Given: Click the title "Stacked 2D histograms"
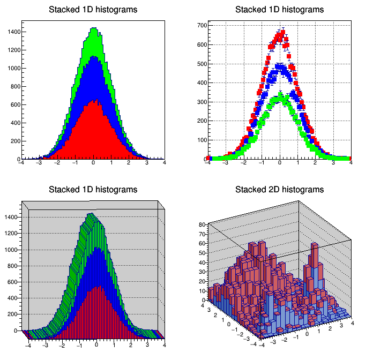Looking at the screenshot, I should click(x=279, y=190).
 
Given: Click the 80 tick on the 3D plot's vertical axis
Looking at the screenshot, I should click(x=203, y=224).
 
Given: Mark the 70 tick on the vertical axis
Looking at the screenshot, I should click(x=203, y=234).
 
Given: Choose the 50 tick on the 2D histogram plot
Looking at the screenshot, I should click(x=203, y=253).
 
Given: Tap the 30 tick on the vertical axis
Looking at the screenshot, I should click(x=203, y=272).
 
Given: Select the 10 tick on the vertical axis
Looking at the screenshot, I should click(x=203, y=290).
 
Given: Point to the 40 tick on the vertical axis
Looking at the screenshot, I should click(x=203, y=262).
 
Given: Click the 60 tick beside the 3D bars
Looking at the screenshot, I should click(x=203, y=243).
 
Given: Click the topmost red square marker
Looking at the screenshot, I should click(x=282, y=31).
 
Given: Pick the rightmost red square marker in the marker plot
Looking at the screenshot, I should click(x=350, y=159).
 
